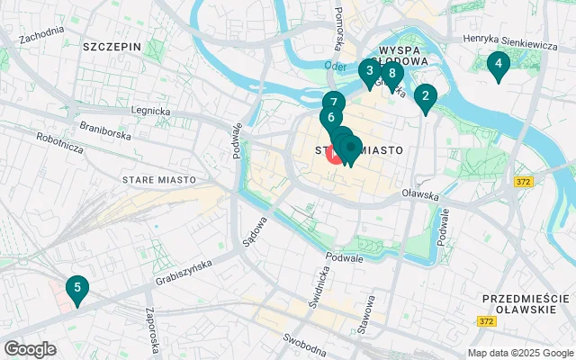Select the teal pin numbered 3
click(x=369, y=71)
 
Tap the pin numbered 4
click(x=497, y=65)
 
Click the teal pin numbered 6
click(x=331, y=118)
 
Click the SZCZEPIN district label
click(x=112, y=45)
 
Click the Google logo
click(x=30, y=349)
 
